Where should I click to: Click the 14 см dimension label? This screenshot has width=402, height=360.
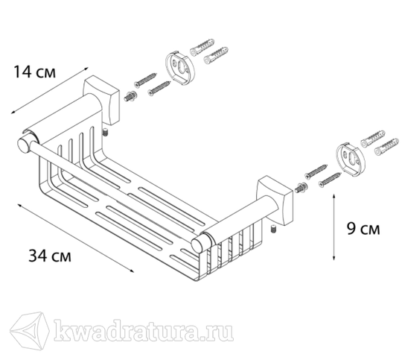pos(34,72)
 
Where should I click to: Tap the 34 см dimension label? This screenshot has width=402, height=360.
pos(50,256)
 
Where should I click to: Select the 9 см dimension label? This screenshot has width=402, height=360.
pos(363,228)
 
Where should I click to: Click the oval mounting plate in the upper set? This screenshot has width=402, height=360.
pos(179,69)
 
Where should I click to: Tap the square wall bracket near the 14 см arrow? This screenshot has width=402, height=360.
pos(101,100)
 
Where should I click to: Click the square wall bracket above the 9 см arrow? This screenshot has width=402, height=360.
pos(274,201)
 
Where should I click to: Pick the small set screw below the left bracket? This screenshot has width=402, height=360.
pos(105,133)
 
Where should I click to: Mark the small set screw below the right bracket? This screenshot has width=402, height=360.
pos(274,230)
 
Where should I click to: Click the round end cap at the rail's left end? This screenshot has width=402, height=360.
pos(24,146)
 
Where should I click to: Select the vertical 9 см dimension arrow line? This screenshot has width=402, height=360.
pos(334,227)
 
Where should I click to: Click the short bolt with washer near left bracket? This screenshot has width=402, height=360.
pos(130,96)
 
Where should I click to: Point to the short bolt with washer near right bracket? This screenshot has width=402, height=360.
pos(301,188)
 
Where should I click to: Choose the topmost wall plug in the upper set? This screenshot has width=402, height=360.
pos(202,46)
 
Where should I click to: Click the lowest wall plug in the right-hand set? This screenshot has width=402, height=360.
pos(386,147)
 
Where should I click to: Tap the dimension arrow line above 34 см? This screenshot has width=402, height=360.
pos(76,238)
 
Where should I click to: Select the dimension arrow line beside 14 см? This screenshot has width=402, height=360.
pos(49,91)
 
